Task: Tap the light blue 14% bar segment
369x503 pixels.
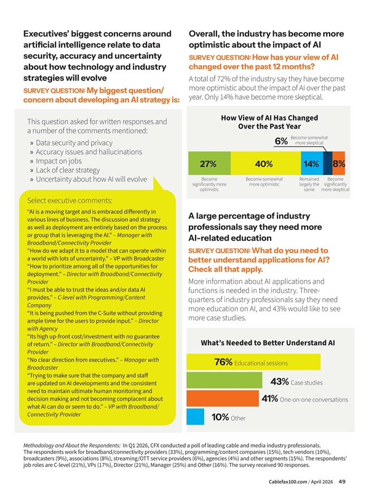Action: pos(311,164)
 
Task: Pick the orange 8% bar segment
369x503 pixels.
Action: pos(338,164)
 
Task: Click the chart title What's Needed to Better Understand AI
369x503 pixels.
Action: pos(268,342)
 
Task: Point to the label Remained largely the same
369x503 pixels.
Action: pos(309,185)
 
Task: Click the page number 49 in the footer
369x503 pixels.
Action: pos(343,482)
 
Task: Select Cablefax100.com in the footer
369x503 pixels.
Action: pos(293,482)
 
